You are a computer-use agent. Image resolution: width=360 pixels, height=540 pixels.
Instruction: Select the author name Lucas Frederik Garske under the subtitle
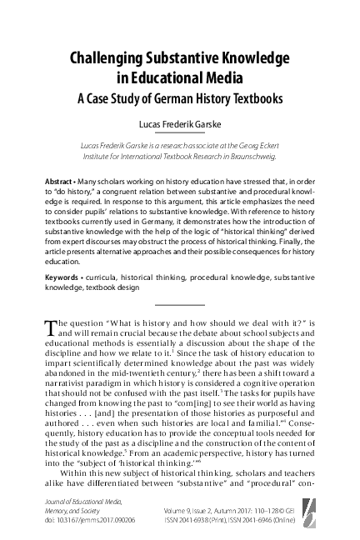point(180,123)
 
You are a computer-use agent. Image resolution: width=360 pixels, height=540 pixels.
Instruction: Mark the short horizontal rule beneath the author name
point(179,133)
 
